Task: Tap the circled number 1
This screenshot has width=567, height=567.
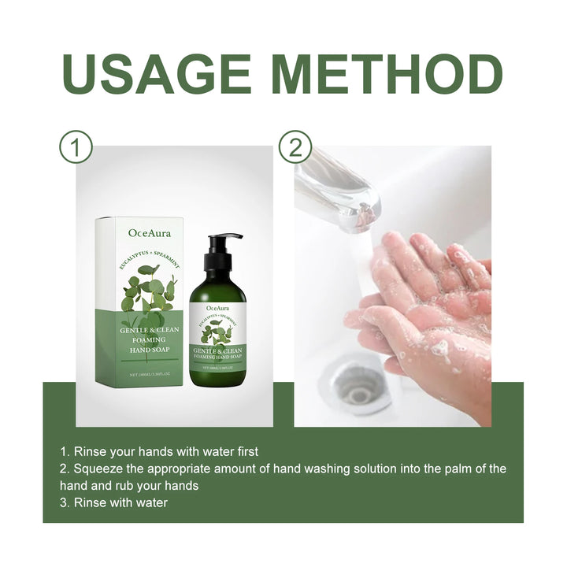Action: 76,147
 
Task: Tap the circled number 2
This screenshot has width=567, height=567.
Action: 295,147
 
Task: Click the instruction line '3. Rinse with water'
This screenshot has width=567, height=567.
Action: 113,502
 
